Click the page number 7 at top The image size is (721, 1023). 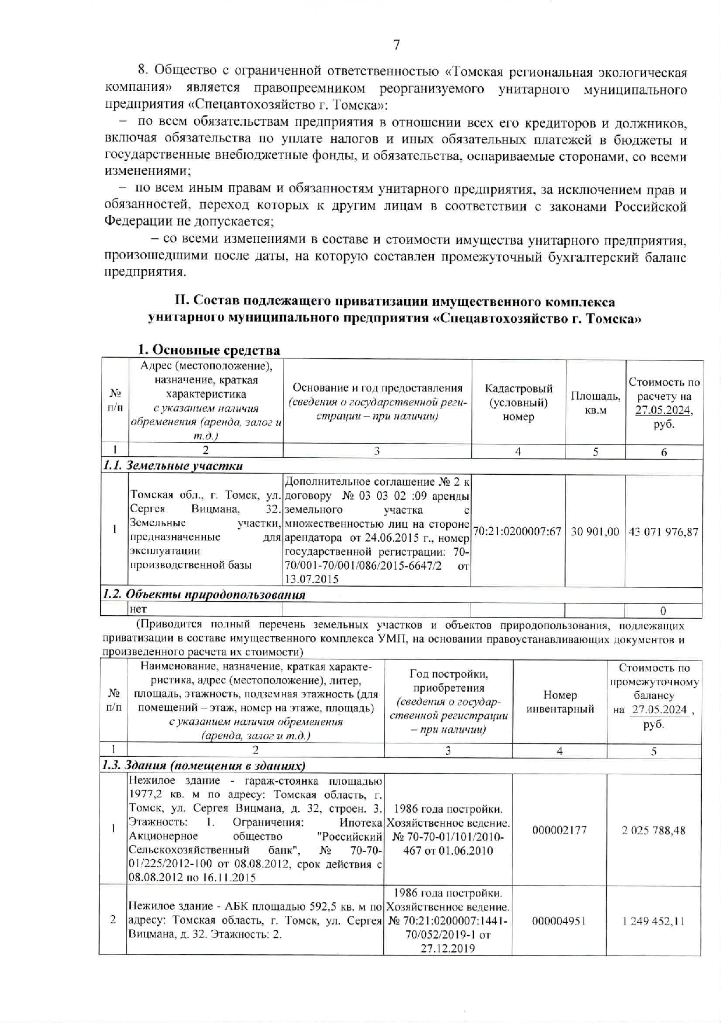pos(396,45)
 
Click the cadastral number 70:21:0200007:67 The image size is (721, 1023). pos(518,532)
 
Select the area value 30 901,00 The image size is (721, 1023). pos(595,532)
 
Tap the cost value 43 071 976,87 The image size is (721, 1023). pos(663,532)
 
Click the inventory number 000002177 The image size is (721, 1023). pos(559,830)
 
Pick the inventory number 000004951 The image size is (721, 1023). pos(559,921)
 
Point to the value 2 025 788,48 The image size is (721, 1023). pos(653,830)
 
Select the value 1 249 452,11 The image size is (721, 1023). pos(653,921)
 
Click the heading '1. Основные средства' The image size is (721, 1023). pos(208,350)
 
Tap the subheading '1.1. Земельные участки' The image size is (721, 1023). pos(173,466)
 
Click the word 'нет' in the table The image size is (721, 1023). pos(138,609)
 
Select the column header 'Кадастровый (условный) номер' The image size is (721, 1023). pos(518,403)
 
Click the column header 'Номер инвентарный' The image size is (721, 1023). pos(559,702)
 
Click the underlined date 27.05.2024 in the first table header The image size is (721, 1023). pos(663,410)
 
